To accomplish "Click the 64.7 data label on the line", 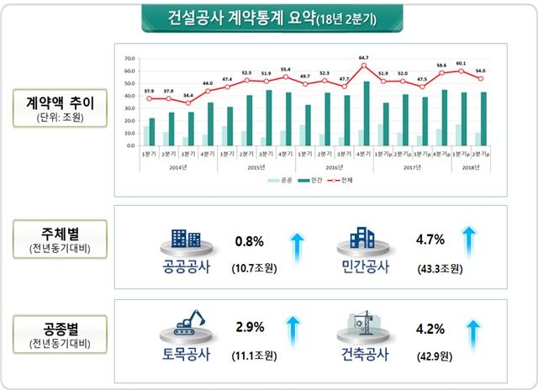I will [x=364, y=58].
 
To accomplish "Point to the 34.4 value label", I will [x=188, y=96].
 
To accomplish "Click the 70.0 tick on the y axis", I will [x=129, y=59].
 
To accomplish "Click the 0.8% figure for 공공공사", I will [x=250, y=242].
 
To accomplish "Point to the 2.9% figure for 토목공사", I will [x=250, y=324].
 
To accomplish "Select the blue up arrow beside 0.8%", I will [x=296, y=249].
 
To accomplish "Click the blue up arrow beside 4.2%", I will [x=473, y=332].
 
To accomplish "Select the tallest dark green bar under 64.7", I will [x=367, y=113].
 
